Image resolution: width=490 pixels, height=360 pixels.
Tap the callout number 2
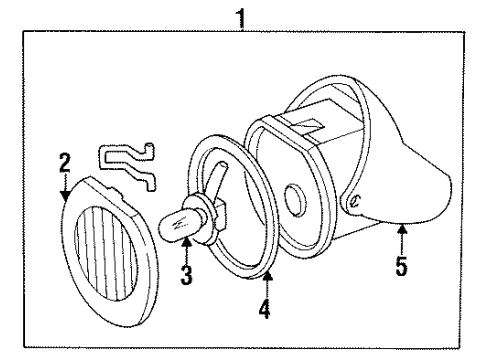[x=63, y=159]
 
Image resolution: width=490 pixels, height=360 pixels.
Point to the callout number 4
[x=265, y=309]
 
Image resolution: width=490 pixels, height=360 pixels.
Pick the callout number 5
[x=400, y=267]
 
